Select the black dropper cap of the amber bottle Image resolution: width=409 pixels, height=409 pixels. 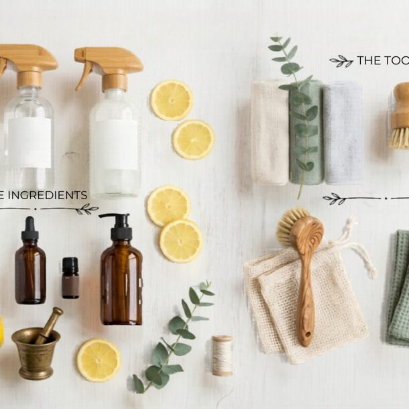coord(30,230)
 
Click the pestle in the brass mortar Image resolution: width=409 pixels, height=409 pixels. coord(49,325)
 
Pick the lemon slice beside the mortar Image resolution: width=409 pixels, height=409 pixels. coord(99,359)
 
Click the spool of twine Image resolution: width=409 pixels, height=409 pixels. coord(223,355)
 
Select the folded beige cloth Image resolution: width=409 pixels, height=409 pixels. coord(269,133)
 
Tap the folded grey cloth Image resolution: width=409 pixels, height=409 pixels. coord(343,132)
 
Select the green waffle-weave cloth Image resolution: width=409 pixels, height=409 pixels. coord(400,288)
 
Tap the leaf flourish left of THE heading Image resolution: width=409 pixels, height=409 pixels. coord(341,61)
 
